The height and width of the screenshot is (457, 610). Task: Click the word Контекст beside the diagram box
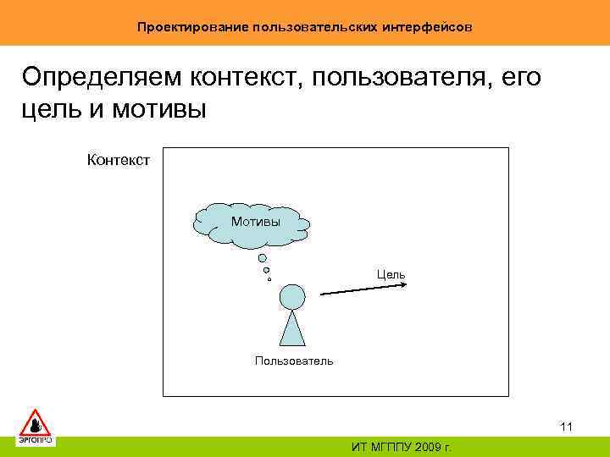click(119, 158)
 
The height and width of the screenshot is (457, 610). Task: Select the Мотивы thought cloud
click(252, 223)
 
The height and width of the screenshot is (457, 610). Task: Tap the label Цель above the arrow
click(391, 274)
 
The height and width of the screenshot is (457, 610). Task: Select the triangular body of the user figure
click(292, 328)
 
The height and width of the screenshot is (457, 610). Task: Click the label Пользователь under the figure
click(294, 361)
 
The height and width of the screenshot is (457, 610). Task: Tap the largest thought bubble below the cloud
click(263, 258)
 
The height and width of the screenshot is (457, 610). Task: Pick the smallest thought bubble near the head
click(269, 278)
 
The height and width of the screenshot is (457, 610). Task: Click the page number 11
click(567, 427)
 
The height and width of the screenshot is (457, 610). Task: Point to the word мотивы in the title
click(161, 111)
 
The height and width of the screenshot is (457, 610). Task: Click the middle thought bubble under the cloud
click(266, 270)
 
